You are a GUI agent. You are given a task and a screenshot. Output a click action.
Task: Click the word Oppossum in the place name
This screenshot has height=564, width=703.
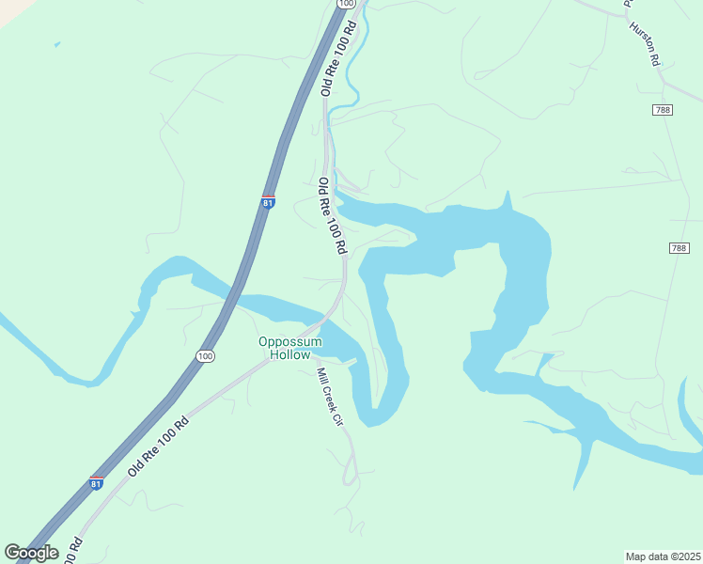tap(290, 341)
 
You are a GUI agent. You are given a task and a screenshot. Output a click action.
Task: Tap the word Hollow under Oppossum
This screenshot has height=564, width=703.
tap(290, 354)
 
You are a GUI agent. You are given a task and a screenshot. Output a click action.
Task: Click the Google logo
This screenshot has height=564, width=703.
tap(31, 553)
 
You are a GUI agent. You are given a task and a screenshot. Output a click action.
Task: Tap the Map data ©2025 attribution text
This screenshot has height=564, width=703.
tap(664, 556)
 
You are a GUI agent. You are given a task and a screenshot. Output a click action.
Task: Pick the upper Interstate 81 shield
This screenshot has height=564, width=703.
tap(268, 201)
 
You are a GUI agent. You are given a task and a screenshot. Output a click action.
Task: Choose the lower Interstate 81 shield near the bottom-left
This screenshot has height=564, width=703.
tap(97, 481)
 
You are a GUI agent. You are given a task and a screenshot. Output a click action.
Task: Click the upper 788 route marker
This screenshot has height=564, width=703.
tap(664, 110)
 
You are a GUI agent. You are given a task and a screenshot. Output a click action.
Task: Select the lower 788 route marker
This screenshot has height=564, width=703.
tap(680, 248)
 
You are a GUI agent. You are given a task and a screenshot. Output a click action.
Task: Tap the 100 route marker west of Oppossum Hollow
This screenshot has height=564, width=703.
tap(206, 355)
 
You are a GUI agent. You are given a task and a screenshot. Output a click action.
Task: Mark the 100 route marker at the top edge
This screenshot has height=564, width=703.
tap(346, 4)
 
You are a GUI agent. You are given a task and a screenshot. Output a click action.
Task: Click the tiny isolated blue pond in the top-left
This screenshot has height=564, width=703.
tap(57, 43)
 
